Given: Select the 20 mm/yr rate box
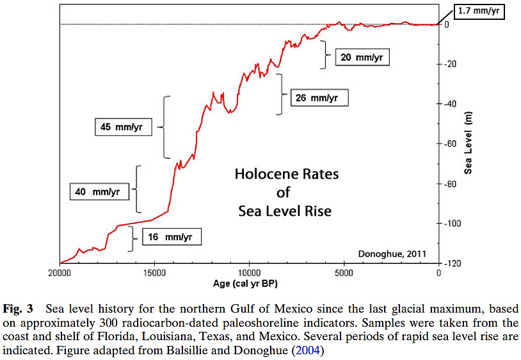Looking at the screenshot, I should (362, 57).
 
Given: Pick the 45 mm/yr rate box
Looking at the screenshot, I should (126, 126).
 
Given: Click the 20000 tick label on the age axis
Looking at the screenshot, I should (60, 273).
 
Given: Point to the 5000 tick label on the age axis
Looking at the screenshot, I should (344, 273).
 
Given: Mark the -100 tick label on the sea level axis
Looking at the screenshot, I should (452, 224).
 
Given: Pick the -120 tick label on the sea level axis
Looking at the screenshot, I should (452, 263).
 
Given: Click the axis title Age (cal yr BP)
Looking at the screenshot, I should (249, 283).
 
